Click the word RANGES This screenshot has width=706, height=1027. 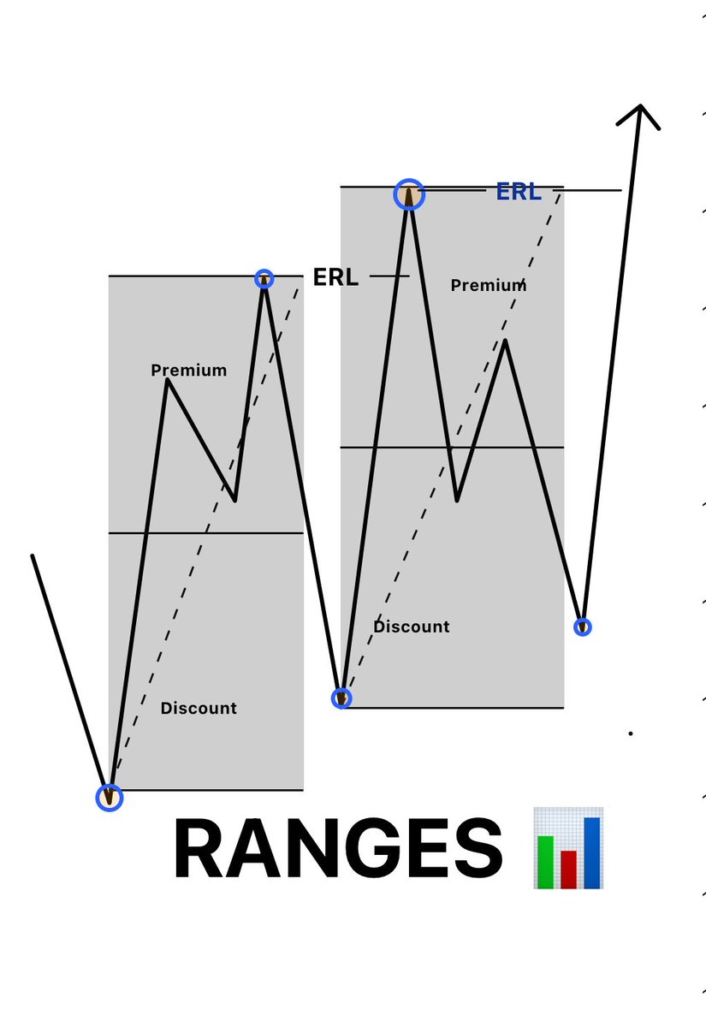pyautogui.click(x=337, y=850)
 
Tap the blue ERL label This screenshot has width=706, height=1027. pyautogui.click(x=519, y=192)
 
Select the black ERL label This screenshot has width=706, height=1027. pyautogui.click(x=335, y=277)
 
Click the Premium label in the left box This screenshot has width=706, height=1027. pyautogui.click(x=189, y=370)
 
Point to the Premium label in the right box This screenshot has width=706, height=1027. pyautogui.click(x=489, y=285)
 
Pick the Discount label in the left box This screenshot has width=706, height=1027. pyautogui.click(x=199, y=708)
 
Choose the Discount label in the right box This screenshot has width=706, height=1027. pyautogui.click(x=411, y=626)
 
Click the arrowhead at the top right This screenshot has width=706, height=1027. pyautogui.click(x=638, y=112)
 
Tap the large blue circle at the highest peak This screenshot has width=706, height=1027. pyautogui.click(x=409, y=194)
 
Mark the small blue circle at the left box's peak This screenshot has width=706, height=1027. pyautogui.click(x=264, y=278)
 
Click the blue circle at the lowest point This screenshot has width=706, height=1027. pyautogui.click(x=109, y=798)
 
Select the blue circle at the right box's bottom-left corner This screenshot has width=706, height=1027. pyautogui.click(x=341, y=698)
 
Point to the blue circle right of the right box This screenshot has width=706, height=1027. pyautogui.click(x=583, y=626)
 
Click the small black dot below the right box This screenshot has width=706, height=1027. pyautogui.click(x=631, y=733)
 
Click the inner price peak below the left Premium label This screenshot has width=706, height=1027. pyautogui.click(x=168, y=381)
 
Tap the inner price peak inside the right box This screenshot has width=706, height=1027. pyautogui.click(x=506, y=341)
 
